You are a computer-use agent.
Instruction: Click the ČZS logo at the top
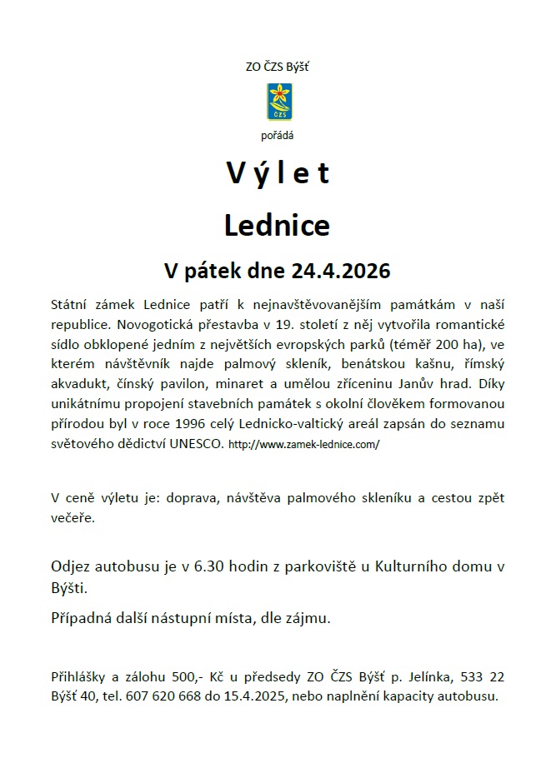pos(278,101)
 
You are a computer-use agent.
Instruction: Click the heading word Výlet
pos(278,172)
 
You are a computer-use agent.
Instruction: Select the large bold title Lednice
pos(278,224)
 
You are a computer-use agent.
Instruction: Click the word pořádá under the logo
pos(278,134)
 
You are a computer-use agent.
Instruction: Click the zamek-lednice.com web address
pos(303,445)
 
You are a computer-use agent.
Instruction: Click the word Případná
pos(83,618)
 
